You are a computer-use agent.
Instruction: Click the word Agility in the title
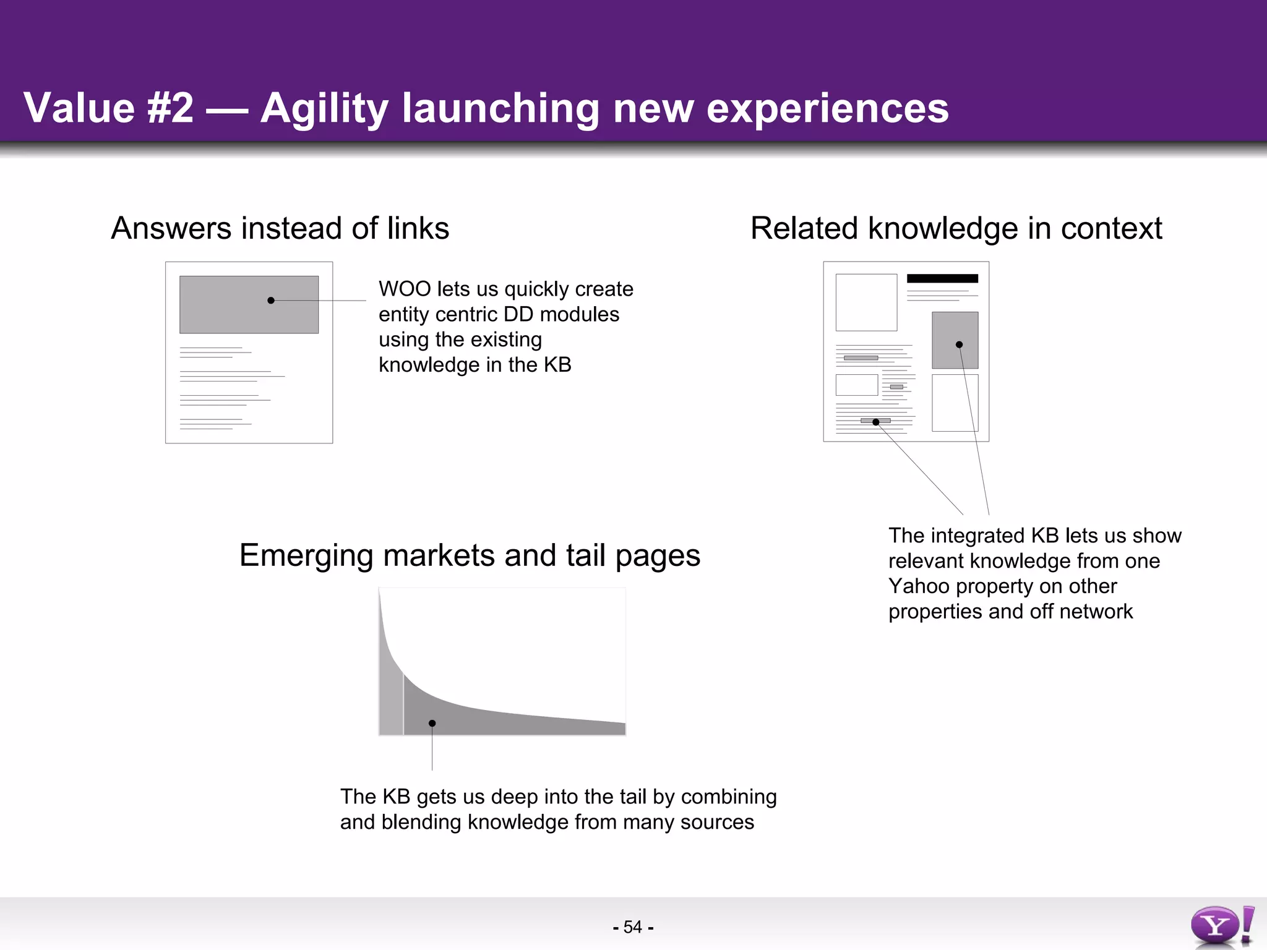(324, 108)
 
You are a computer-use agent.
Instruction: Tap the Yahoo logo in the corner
(1221, 926)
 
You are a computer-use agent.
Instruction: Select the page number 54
(632, 927)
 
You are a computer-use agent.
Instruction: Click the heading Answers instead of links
(280, 228)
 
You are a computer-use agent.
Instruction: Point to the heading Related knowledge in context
(956, 228)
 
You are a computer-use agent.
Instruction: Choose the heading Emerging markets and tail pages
(470, 555)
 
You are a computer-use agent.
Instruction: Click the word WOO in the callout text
(405, 289)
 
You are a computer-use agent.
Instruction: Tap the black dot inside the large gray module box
(271, 301)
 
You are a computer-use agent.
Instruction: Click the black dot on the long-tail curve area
(432, 723)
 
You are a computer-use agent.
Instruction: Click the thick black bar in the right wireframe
(942, 278)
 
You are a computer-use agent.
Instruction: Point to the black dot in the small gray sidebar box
(959, 344)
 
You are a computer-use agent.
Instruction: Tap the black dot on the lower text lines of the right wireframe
(875, 422)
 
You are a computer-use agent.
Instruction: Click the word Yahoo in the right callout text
(918, 586)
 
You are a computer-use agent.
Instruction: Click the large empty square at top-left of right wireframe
(866, 302)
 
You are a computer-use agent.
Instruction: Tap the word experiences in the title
(827, 108)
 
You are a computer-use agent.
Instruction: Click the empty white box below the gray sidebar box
(955, 403)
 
